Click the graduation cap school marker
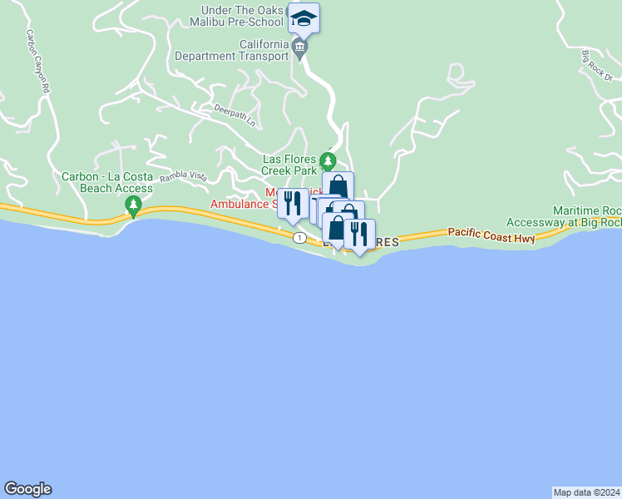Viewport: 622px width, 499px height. [304, 19]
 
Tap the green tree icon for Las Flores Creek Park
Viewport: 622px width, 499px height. [328, 160]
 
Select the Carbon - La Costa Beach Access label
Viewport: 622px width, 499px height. [107, 183]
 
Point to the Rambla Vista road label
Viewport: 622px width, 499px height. [184, 175]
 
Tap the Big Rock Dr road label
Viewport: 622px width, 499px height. [597, 67]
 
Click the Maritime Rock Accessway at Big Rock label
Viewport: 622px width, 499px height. [587, 217]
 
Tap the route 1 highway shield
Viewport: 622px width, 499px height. [299, 238]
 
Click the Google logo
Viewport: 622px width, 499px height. [27, 489]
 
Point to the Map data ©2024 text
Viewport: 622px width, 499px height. [587, 492]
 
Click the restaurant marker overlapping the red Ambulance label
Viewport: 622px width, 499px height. [293, 204]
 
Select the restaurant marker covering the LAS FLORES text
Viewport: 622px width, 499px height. [359, 234]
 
